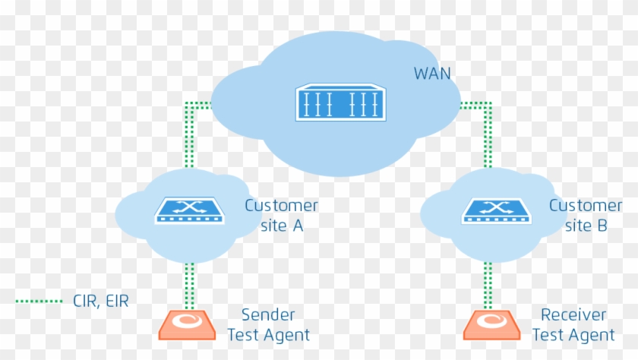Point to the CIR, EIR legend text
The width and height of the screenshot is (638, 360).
point(101,302)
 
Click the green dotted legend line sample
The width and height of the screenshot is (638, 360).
point(39,302)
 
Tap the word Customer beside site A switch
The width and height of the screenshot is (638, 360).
point(281,206)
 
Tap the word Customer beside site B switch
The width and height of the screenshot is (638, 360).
point(585,206)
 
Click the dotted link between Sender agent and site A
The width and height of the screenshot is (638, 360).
point(190,286)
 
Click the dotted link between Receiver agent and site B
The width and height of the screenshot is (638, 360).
point(488,286)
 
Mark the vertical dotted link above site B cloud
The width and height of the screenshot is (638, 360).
point(488,137)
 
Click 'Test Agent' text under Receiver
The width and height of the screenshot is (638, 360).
point(573,335)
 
